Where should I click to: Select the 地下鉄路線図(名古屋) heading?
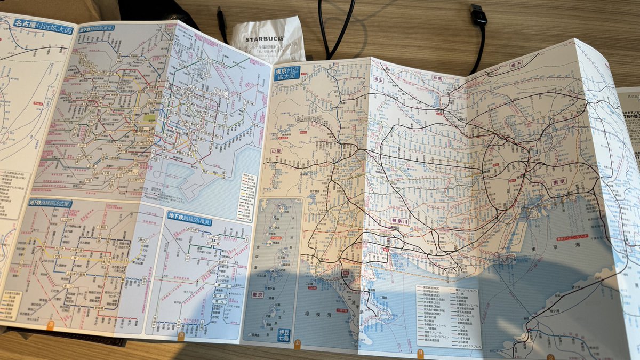(x=51, y=203)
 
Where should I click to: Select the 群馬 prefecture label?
(x=436, y=78)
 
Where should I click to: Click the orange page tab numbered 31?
(x=420, y=353)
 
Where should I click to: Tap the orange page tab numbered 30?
(x=297, y=343)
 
